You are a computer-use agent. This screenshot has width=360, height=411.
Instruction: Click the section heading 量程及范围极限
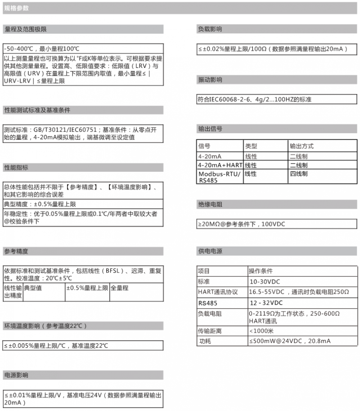[x=26, y=29]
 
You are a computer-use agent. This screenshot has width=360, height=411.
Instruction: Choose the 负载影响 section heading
[x=210, y=29]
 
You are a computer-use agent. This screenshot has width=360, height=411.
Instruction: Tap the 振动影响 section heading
[x=210, y=80]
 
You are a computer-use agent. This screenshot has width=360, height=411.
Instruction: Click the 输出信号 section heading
[x=210, y=129]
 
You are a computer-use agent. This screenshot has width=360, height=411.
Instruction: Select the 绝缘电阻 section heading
[x=210, y=205]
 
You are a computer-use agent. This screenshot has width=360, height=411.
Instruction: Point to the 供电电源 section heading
[x=210, y=251]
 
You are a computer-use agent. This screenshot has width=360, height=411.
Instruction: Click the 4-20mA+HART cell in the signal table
[x=220, y=165]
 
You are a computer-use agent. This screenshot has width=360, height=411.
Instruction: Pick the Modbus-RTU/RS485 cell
[x=220, y=177]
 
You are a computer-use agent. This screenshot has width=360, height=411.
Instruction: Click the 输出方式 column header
[x=301, y=146]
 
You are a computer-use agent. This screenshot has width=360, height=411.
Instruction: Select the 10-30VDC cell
[x=265, y=281]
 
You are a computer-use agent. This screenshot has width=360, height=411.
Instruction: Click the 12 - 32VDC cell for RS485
[x=266, y=303]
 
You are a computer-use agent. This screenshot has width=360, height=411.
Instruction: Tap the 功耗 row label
[x=205, y=341]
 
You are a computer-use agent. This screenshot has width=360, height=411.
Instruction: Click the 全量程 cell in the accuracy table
[x=120, y=288]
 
